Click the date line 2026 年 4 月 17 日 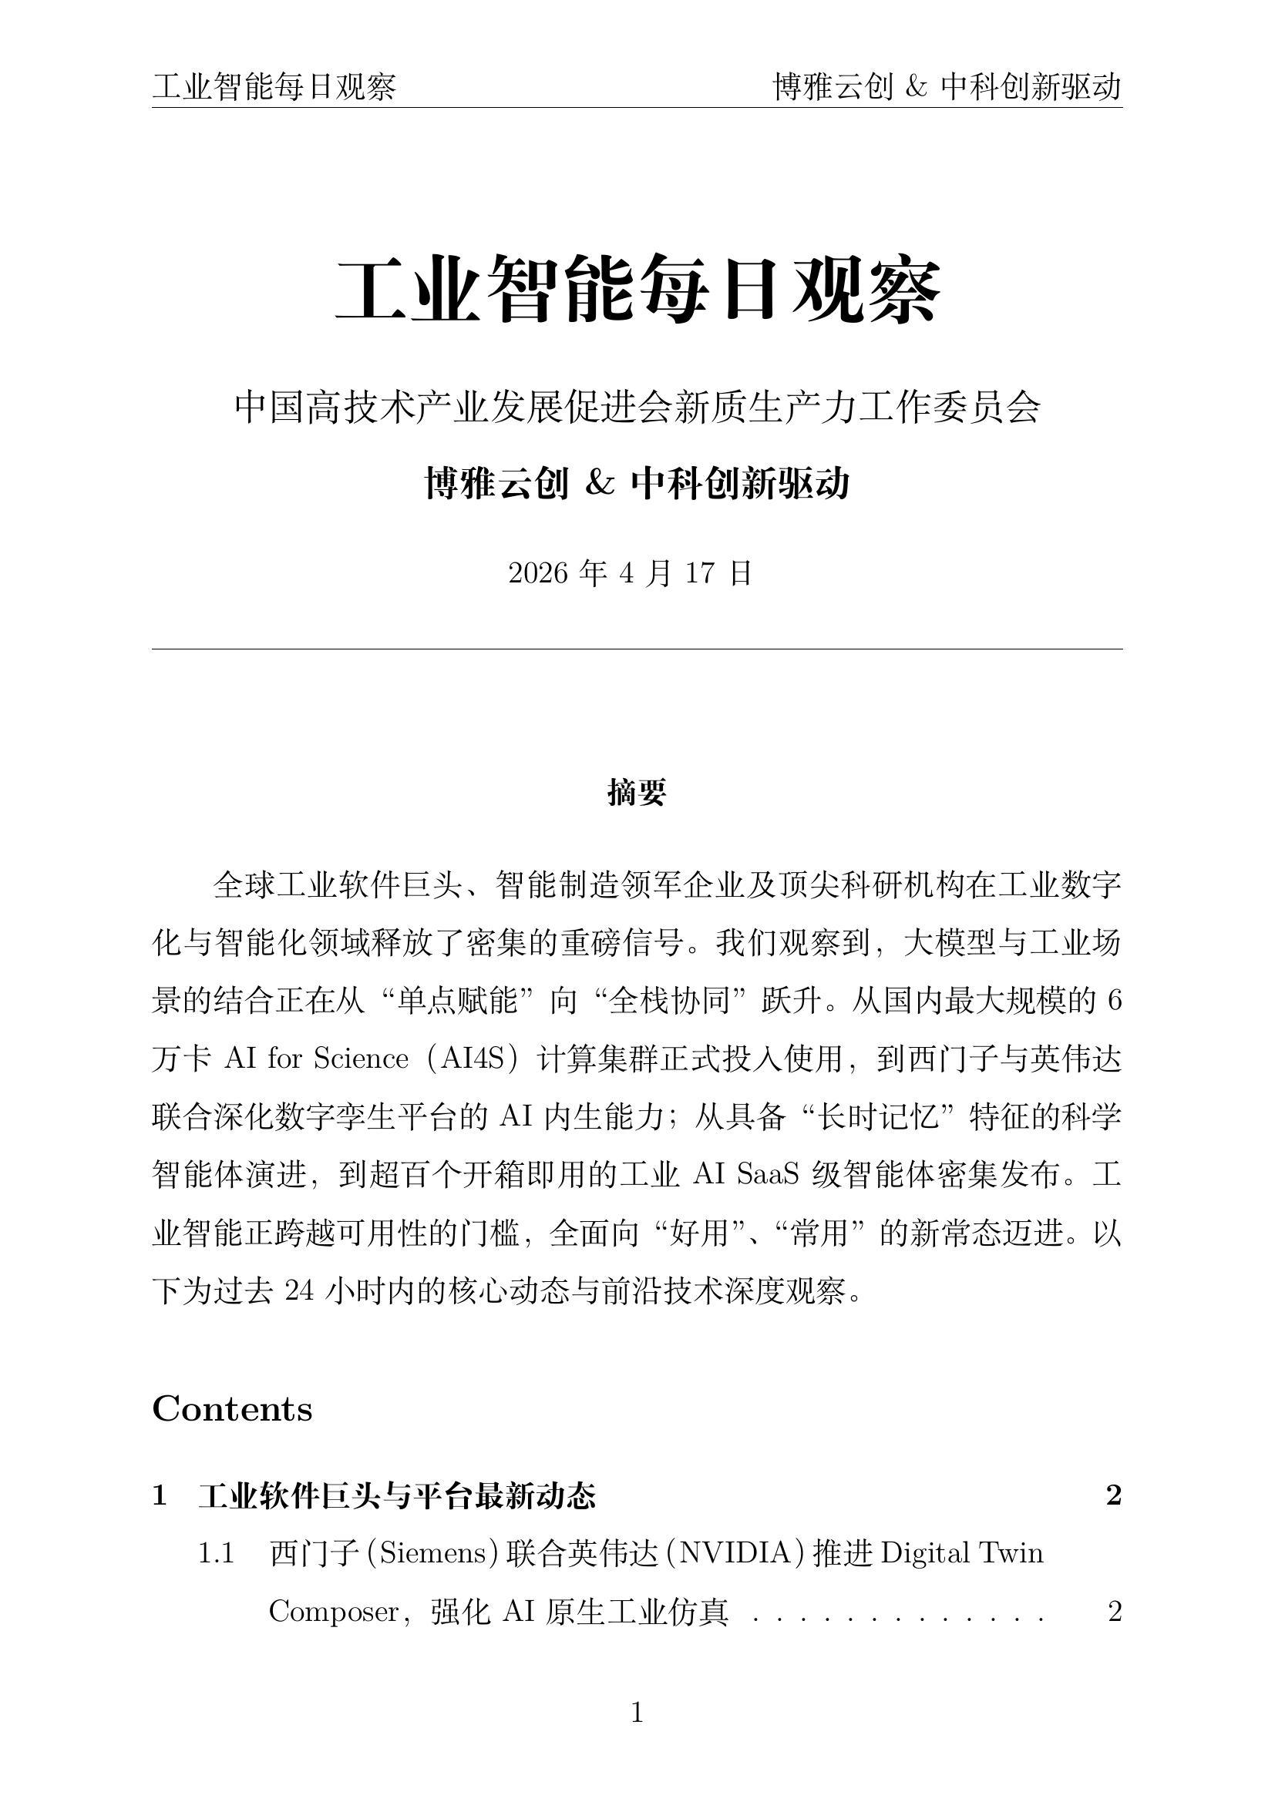[631, 574]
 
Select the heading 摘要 [637, 793]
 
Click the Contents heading [231, 1409]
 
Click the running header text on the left [274, 87]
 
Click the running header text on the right [947, 87]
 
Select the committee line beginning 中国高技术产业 [637, 408]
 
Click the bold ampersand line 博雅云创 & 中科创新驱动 [637, 484]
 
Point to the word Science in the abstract [361, 1059]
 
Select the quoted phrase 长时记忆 [879, 1117]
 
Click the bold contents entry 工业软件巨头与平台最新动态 [397, 1496]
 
